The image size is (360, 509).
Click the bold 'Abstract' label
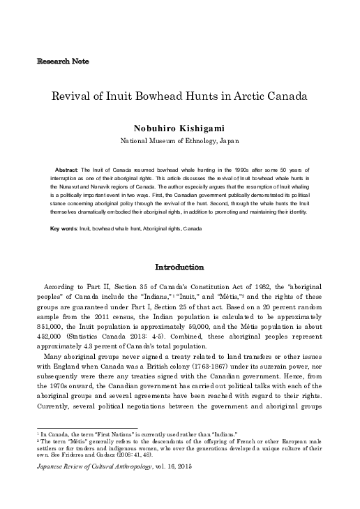click(x=68, y=170)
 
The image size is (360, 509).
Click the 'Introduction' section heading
click(x=179, y=267)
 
